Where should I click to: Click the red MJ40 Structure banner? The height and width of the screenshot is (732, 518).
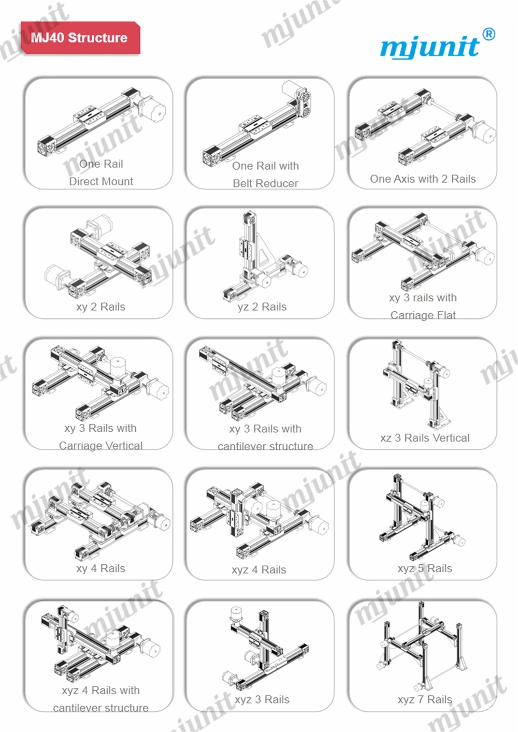point(79,38)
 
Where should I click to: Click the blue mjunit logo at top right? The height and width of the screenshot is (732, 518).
point(430,46)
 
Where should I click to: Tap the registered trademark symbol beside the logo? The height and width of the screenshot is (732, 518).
point(488,34)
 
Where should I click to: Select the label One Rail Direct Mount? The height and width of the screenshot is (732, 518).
point(101,172)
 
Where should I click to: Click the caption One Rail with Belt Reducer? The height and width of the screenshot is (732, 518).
point(265,174)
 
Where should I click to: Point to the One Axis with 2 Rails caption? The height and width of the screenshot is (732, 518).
point(423,179)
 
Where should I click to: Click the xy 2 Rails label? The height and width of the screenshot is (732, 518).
point(100,306)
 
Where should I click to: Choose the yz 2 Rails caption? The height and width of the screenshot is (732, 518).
point(262,306)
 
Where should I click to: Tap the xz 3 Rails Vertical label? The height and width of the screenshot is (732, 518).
point(425,438)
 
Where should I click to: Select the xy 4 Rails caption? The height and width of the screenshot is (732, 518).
point(100,568)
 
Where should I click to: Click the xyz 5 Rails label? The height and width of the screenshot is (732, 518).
point(425,568)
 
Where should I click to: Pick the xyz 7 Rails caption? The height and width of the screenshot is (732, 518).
point(425,699)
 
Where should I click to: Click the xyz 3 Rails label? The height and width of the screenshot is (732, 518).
point(262,699)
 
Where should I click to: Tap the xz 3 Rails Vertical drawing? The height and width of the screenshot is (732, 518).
point(417,383)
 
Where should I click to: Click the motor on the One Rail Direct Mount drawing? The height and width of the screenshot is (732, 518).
point(154,111)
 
